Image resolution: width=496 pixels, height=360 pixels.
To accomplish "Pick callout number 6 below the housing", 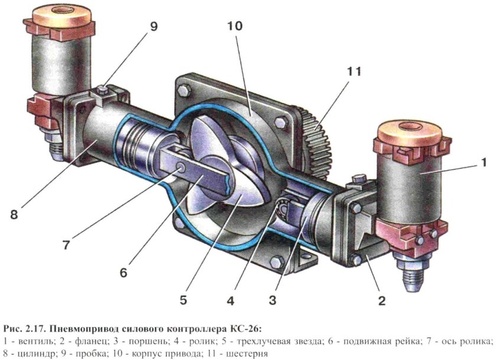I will (x=122, y=273).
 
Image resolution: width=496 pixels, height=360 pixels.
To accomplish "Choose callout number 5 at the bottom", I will (x=184, y=299).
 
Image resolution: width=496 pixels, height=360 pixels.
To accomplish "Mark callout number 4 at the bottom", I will (x=230, y=300).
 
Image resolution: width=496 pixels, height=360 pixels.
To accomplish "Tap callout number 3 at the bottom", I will (x=272, y=300).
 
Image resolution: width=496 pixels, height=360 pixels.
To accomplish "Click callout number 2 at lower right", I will (x=381, y=300).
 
